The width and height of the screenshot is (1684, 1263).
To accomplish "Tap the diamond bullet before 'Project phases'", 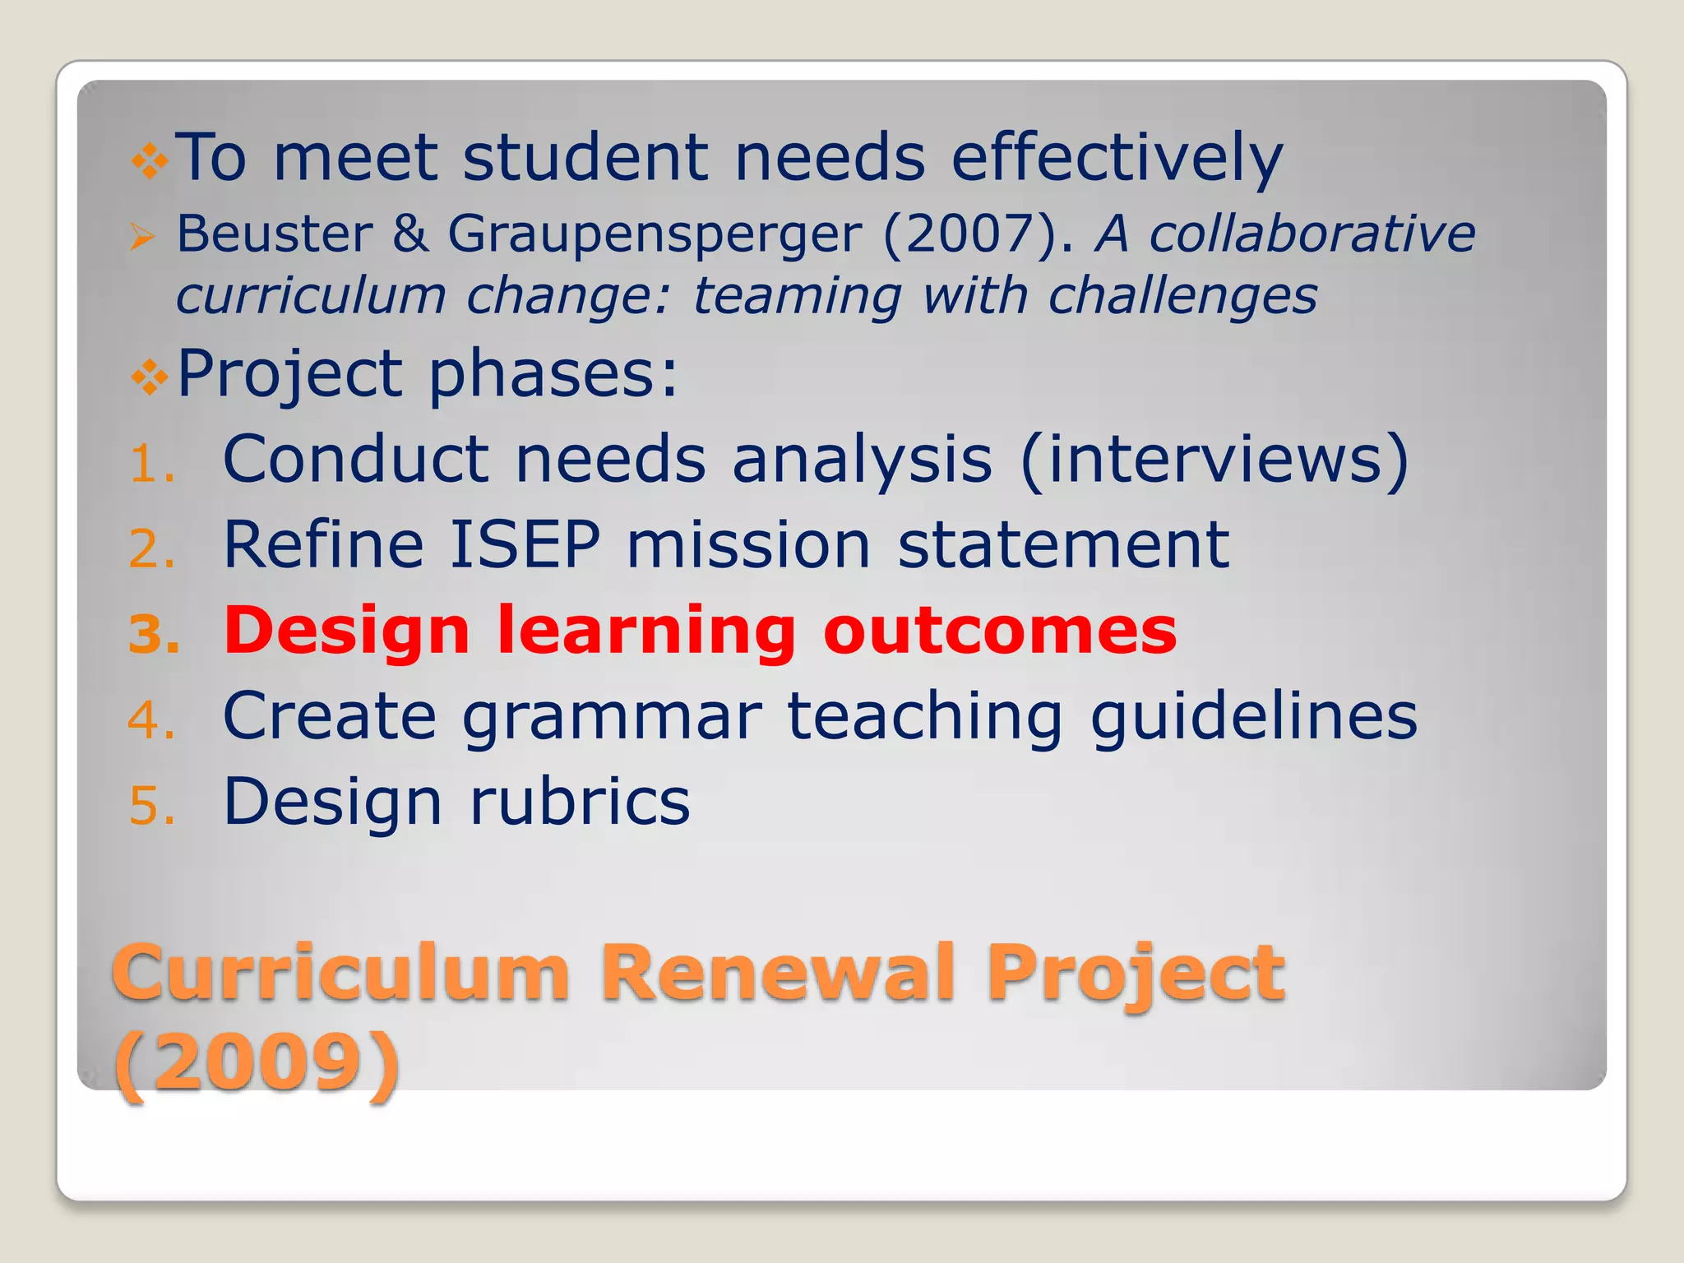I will point(150,377).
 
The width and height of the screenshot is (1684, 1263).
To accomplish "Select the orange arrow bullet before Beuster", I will point(142,238).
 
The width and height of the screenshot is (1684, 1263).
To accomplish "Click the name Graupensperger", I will point(655,234).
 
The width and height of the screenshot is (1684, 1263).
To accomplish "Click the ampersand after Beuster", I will point(409,234).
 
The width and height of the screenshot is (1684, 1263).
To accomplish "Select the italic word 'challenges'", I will point(1182,296).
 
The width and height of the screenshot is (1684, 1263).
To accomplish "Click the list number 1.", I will point(152,465).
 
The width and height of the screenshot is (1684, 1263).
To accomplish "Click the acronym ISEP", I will point(525,544).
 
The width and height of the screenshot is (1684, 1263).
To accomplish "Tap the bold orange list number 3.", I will point(154,635).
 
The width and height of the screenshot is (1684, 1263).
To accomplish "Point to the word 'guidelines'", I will point(1253,716).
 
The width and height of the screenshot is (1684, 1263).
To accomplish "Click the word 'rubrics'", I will point(580,802).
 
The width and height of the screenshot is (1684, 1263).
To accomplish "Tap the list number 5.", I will point(153,805).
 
